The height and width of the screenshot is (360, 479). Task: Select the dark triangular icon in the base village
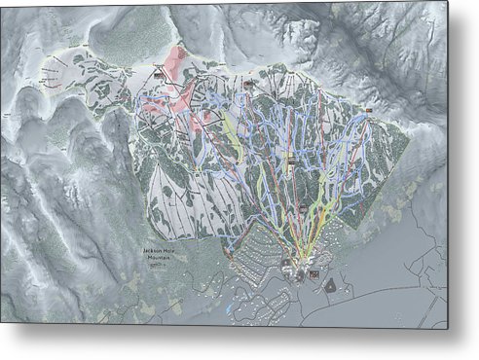pos(332,285)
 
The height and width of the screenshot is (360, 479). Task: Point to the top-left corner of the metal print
pos(1,2)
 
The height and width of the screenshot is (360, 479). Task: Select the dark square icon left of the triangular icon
pos(313,275)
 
